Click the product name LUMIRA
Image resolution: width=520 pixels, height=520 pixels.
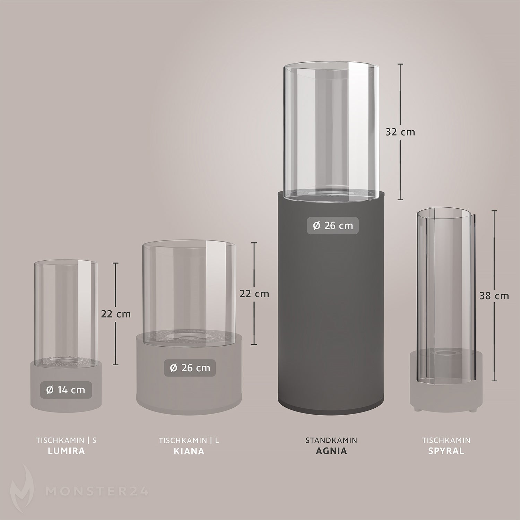tap(66, 451)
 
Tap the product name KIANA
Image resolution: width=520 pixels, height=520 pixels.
tap(189, 451)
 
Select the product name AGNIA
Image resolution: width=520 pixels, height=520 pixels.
tap(331, 451)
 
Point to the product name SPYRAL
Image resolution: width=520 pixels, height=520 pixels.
tap(446, 451)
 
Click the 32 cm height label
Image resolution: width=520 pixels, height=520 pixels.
tap(400, 132)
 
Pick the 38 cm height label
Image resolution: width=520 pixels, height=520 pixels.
tap(494, 296)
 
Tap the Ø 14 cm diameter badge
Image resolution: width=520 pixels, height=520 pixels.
tap(66, 390)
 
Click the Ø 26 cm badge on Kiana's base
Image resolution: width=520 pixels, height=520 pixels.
tap(190, 368)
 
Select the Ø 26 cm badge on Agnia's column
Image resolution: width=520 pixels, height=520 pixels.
tap(333, 226)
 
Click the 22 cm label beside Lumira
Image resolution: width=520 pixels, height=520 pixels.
tap(116, 314)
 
